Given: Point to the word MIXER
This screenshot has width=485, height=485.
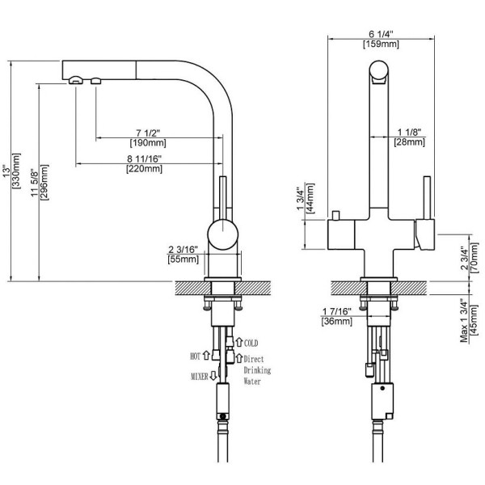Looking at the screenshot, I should (x=196, y=377).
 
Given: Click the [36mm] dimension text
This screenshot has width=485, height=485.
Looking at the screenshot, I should (x=336, y=322).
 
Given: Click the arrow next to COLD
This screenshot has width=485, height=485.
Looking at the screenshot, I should (x=238, y=343).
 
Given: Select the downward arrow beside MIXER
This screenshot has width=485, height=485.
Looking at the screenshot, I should (x=213, y=377).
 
